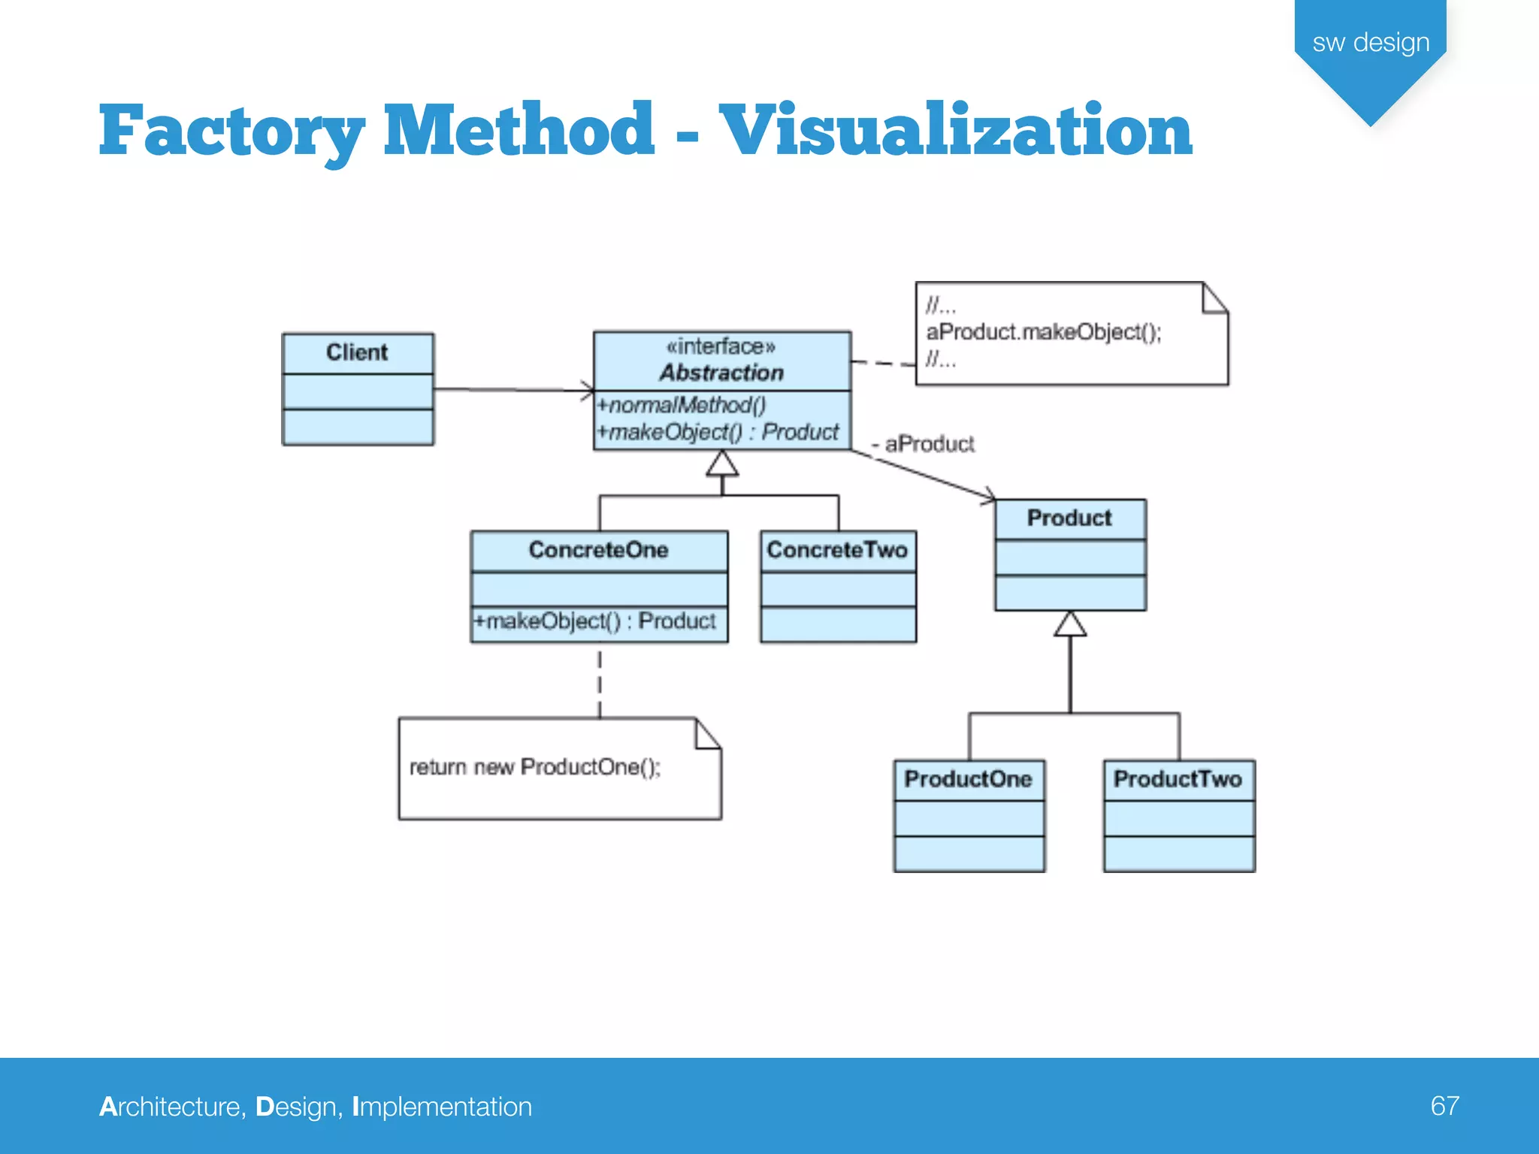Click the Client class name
[357, 352]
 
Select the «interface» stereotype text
[721, 346]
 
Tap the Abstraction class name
[721, 373]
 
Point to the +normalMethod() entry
[681, 406]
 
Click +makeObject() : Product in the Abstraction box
[718, 433]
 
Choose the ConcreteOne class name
[598, 550]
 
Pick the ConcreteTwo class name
[837, 550]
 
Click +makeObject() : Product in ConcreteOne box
[594, 621]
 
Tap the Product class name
[1069, 518]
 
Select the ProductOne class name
[968, 779]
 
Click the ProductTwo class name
[1178, 779]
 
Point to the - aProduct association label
[924, 444]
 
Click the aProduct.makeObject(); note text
[1044, 332]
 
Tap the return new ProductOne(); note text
[535, 767]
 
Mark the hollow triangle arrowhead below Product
[1070, 625]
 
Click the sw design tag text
[1371, 43]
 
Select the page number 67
[1444, 1106]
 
